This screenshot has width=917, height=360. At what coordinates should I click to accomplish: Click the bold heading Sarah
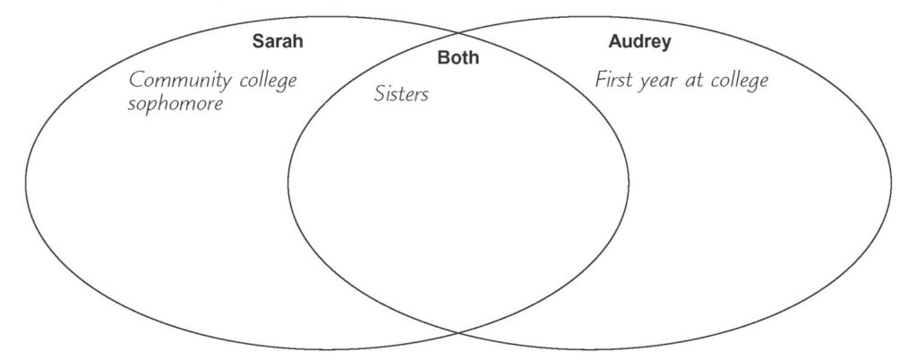(x=278, y=41)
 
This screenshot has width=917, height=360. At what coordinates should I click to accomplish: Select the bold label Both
(x=458, y=57)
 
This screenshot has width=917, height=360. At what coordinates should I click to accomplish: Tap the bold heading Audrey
(x=639, y=43)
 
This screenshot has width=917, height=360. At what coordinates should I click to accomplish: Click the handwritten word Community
(x=181, y=80)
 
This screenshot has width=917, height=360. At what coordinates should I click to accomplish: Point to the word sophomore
(x=176, y=104)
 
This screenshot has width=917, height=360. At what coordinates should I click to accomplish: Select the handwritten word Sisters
(x=401, y=93)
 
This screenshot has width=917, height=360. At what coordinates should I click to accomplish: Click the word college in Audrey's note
(x=739, y=81)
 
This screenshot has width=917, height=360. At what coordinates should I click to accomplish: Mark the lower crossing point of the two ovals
(x=458, y=333)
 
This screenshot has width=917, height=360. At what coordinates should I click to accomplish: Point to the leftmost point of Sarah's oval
(x=25, y=183)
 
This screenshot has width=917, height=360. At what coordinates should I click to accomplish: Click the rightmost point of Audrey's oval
(x=892, y=183)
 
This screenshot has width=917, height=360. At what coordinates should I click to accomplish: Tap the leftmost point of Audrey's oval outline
(x=287, y=183)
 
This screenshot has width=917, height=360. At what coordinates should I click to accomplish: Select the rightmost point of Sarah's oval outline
(x=630, y=183)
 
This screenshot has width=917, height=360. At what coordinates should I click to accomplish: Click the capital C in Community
(x=136, y=80)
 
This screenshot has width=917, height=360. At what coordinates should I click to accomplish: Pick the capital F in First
(x=601, y=80)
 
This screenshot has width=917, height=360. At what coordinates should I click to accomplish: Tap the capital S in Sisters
(x=380, y=93)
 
